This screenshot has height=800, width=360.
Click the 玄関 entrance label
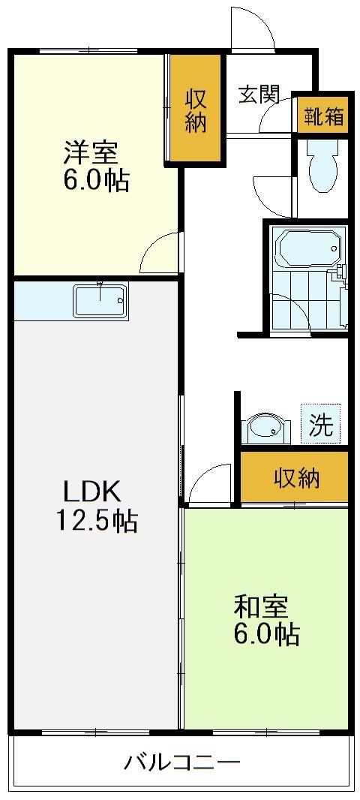(259, 94)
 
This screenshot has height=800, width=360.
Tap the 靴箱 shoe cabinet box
(324, 115)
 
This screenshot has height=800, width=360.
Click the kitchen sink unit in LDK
(100, 300)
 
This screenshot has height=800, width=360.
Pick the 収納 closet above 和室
(294, 477)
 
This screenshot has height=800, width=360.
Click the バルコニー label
(182, 762)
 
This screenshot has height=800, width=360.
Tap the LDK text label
(91, 492)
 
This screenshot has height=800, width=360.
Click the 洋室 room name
(91, 152)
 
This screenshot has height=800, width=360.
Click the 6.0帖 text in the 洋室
(96, 180)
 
